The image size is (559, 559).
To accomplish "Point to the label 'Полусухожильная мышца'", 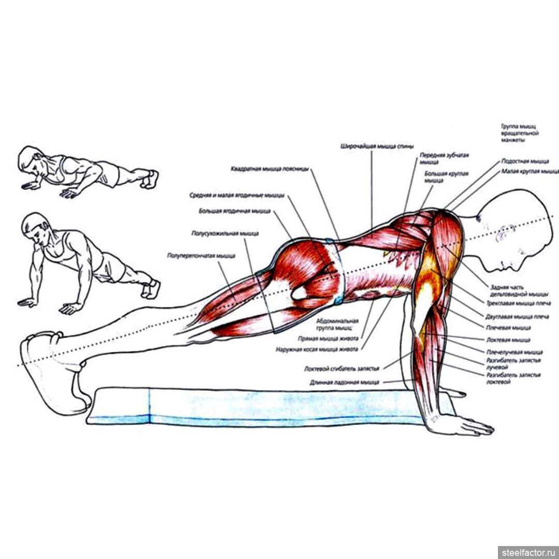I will [225, 234].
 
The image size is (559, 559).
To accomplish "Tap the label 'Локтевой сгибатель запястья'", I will [342, 369].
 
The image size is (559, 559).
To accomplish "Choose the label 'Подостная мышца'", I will [525, 161].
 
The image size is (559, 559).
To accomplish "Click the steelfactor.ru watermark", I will [527, 552].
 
